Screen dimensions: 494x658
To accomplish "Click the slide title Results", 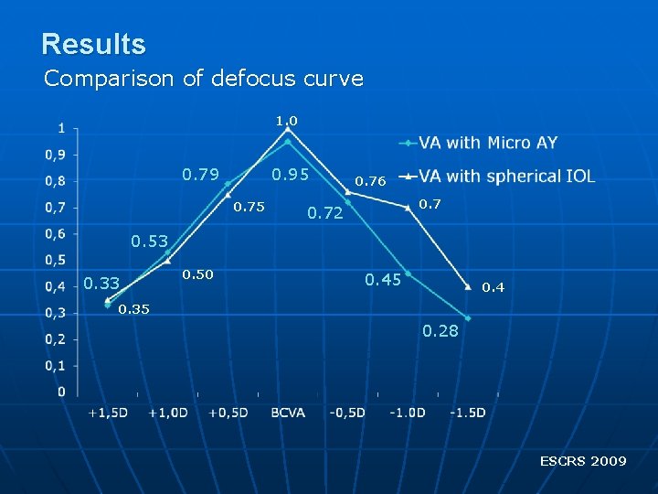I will point(93,44).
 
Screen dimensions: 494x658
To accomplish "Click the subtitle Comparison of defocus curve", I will point(203,79).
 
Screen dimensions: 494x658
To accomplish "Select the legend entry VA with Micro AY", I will point(487,143).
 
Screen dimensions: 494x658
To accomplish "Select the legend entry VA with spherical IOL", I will point(506,176).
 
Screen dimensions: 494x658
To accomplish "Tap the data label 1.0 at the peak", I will point(287,120).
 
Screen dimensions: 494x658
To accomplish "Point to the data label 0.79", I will point(201,174).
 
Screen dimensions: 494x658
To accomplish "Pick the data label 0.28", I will point(440,330).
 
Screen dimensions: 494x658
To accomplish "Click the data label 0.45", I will point(383,279).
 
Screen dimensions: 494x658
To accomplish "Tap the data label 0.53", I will point(149,242).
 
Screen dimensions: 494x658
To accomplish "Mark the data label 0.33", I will point(101,284).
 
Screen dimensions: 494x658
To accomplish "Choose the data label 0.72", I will point(324,214).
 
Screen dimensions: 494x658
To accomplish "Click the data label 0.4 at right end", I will point(493,287).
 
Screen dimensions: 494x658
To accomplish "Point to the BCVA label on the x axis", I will point(288,413).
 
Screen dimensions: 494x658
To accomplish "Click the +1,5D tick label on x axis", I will point(108,413).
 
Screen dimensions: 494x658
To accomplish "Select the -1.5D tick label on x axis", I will point(467,413).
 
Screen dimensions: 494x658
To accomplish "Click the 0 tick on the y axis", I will point(60,392).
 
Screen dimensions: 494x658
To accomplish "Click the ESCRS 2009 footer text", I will point(582,461).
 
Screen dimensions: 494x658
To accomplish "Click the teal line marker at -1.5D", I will point(467,318).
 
